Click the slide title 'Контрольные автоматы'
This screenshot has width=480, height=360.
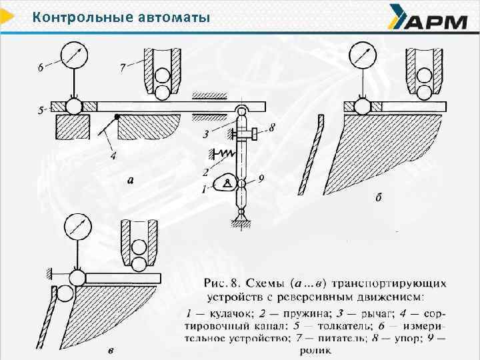tap(121, 17)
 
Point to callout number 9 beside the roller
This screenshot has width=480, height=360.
tap(261, 178)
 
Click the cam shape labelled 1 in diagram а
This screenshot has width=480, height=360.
tap(227, 182)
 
